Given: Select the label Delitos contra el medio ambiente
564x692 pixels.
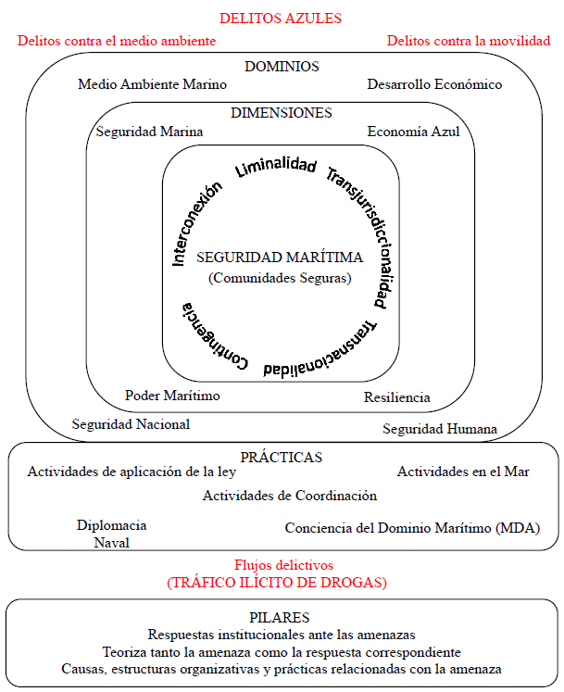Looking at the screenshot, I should pos(117,41).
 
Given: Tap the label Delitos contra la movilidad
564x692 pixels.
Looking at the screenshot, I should pos(469,41).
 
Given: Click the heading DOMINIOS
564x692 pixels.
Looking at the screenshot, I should pos(282,67).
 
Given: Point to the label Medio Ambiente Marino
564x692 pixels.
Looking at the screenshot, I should pos(153,84).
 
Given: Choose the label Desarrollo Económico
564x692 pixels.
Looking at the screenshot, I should pos(434,84).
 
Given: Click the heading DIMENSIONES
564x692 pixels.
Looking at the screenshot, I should pos(282,113).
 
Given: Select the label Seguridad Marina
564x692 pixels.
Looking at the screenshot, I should pos(150,132).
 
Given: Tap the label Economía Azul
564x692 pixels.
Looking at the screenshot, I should pos(413,132).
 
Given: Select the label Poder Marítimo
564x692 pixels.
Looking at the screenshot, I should pos(173,396).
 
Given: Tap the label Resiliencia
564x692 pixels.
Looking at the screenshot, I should pos(397,397).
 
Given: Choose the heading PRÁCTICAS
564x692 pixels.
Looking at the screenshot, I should pos(282,457).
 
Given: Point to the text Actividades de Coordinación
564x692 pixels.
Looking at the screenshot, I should pos(290,496).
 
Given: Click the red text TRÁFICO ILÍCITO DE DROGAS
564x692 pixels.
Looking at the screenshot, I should pos(277,583).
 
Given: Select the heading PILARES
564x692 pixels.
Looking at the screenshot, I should pos(280,617).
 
